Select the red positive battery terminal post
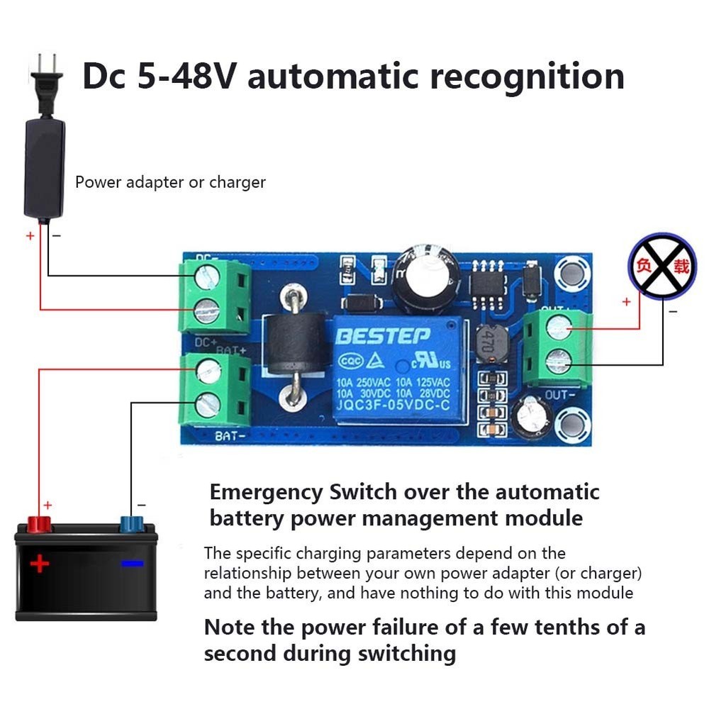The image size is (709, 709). pos(40,525)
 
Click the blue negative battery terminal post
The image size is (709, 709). pos(131,525)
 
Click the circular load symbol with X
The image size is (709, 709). pos(661,267)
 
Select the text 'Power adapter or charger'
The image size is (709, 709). pos(170,182)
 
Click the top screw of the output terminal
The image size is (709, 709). pos(559,328)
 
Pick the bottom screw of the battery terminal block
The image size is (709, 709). pos(207,404)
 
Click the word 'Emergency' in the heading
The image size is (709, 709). pos(266,492)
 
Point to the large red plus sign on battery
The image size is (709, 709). pos(40,564)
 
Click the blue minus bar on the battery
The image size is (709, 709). pos(132,564)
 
